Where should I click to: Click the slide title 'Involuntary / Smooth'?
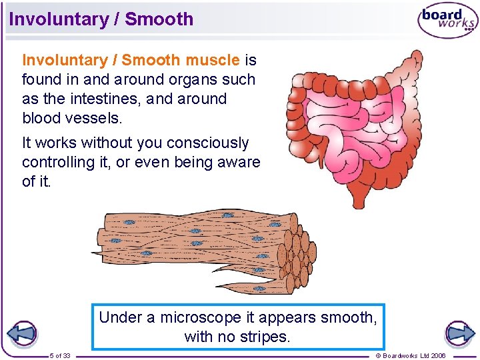pyautogui.click(x=101, y=19)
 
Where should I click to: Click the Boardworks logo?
pyautogui.click(x=447, y=21)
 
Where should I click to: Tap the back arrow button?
pyautogui.click(x=22, y=334)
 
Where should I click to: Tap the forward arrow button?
pyautogui.click(x=459, y=333)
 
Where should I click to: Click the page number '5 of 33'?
pyautogui.click(x=60, y=355)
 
